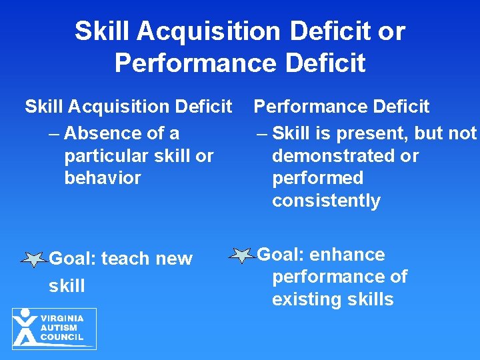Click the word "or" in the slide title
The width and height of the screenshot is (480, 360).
[x=391, y=31]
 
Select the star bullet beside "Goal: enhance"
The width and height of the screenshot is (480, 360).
[x=241, y=255]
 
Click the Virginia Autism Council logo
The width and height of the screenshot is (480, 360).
[x=54, y=328]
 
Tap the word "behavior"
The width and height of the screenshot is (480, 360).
[x=103, y=178]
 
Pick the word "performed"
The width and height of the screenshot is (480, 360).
[x=317, y=178]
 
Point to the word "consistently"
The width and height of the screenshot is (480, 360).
[x=326, y=201]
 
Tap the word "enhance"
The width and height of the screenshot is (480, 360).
[x=348, y=255]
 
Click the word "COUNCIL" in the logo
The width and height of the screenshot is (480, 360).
[x=62, y=337]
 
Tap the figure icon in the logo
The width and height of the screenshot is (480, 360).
[x=25, y=328]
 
